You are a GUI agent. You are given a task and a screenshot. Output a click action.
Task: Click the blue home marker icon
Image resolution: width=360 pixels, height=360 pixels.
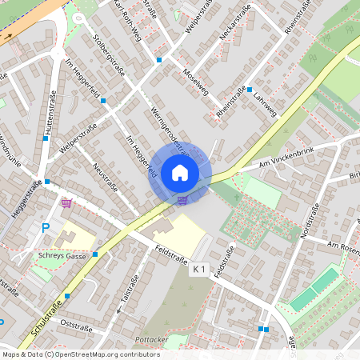[180, 172]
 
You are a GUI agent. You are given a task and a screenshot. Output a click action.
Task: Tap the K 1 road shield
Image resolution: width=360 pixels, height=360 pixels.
[200, 271]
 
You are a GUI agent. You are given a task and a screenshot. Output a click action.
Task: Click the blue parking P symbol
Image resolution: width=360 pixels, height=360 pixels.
[46, 229]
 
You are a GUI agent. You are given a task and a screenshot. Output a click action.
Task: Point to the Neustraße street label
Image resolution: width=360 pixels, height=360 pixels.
[106, 177]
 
